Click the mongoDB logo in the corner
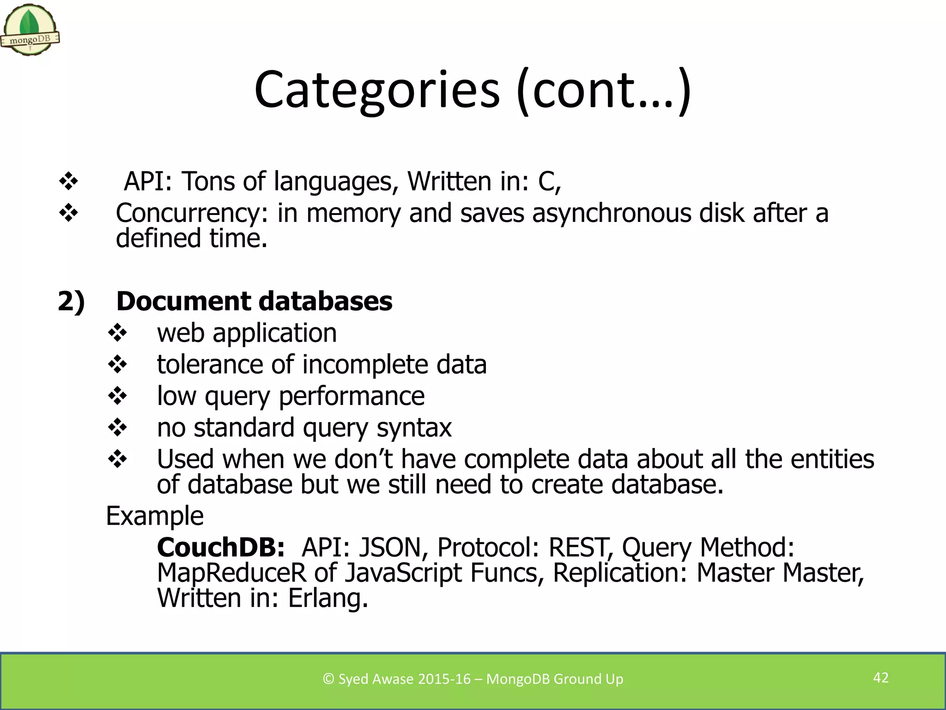[x=30, y=30]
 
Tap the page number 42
[x=880, y=678]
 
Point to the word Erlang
[x=327, y=598]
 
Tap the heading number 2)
[x=71, y=301]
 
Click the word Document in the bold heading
[x=183, y=301]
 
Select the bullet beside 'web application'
[x=117, y=333]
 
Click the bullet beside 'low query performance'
[x=117, y=396]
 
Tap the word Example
[x=155, y=516]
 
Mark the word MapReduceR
[x=231, y=573]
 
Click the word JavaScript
[x=403, y=573]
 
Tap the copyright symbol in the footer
[x=328, y=679]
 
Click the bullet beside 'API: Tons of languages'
[x=68, y=181]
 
